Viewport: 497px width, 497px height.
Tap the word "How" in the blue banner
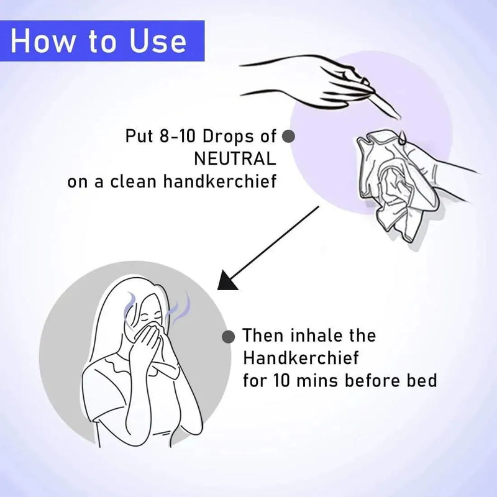(42, 41)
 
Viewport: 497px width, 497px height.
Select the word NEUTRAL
(235, 159)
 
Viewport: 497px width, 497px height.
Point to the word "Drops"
(228, 136)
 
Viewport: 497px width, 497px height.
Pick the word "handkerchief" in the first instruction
(220, 181)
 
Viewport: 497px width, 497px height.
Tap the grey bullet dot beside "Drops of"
(288, 136)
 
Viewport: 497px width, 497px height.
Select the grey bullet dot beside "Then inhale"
(228, 336)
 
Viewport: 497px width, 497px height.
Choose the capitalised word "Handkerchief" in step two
(301, 358)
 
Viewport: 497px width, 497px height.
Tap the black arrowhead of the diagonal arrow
(227, 281)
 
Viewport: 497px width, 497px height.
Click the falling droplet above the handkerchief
(402, 137)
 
